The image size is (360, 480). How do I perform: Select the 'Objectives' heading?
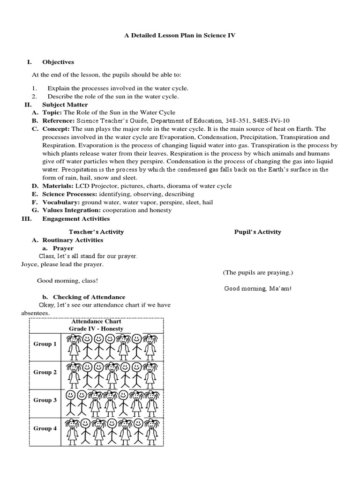tap(58, 62)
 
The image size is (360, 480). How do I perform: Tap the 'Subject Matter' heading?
tap(65, 105)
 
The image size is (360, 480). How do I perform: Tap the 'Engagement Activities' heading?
tap(76, 218)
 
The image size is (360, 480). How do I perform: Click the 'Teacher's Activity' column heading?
tap(96, 232)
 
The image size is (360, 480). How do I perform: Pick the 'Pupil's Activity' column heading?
tap(257, 232)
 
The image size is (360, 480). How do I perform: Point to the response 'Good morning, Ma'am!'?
tap(257, 288)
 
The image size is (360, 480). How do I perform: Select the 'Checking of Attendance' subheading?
tap(89, 297)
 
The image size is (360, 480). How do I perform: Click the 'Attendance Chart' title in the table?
tap(96, 322)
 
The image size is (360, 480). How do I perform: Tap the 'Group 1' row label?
tap(45, 344)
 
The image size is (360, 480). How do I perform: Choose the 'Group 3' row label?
tap(45, 400)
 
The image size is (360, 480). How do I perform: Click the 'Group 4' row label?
tap(45, 428)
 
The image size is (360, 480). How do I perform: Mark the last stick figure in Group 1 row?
tap(150, 346)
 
